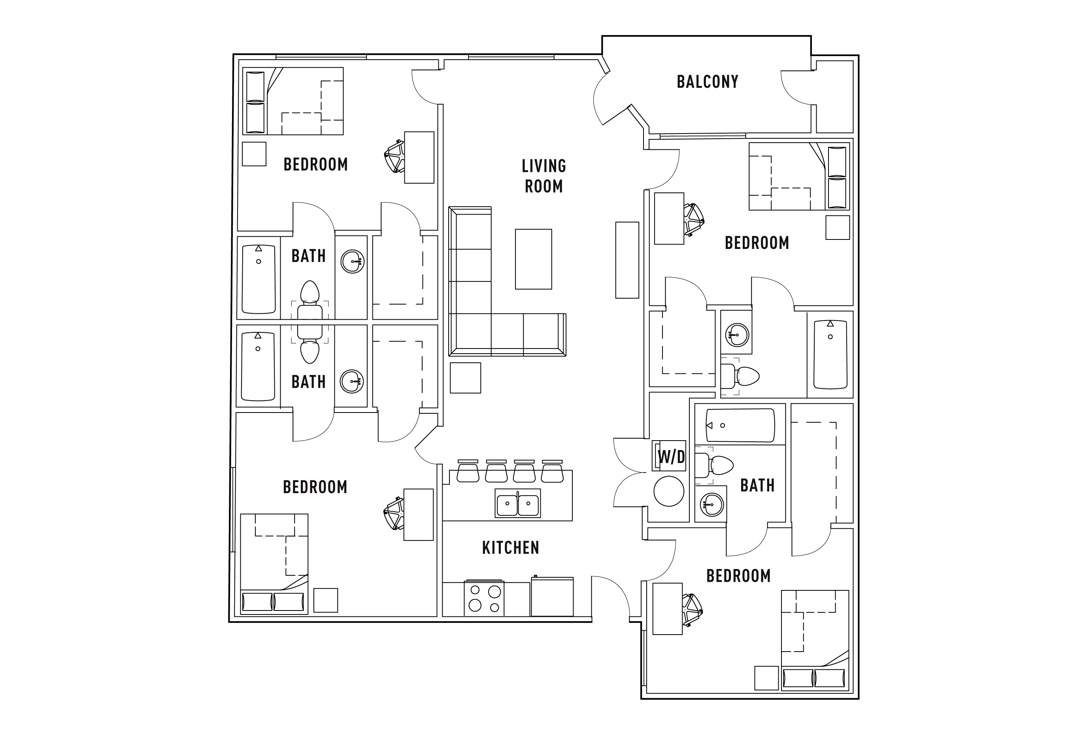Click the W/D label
pyautogui.click(x=671, y=456)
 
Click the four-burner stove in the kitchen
pyautogui.click(x=484, y=598)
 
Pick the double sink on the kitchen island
pyautogui.click(x=517, y=504)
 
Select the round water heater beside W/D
pyautogui.click(x=668, y=491)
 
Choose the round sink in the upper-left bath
pyautogui.click(x=352, y=261)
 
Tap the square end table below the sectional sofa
pyautogui.click(x=465, y=378)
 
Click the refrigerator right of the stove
pyautogui.click(x=552, y=597)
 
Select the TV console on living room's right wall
pyautogui.click(x=627, y=260)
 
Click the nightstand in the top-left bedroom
pyautogui.click(x=254, y=154)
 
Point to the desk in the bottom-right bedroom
pyautogui.click(x=667, y=609)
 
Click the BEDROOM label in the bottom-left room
pyautogui.click(x=315, y=487)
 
